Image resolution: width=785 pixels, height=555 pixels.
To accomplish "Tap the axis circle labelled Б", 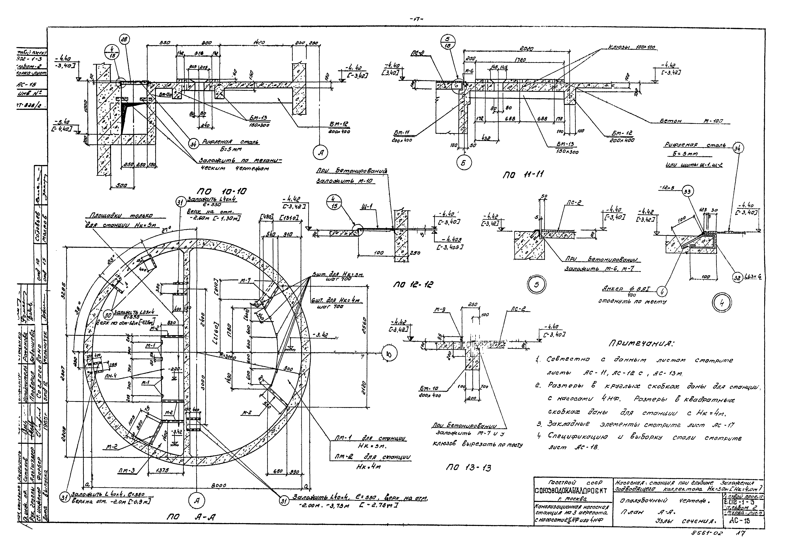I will (463, 163).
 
